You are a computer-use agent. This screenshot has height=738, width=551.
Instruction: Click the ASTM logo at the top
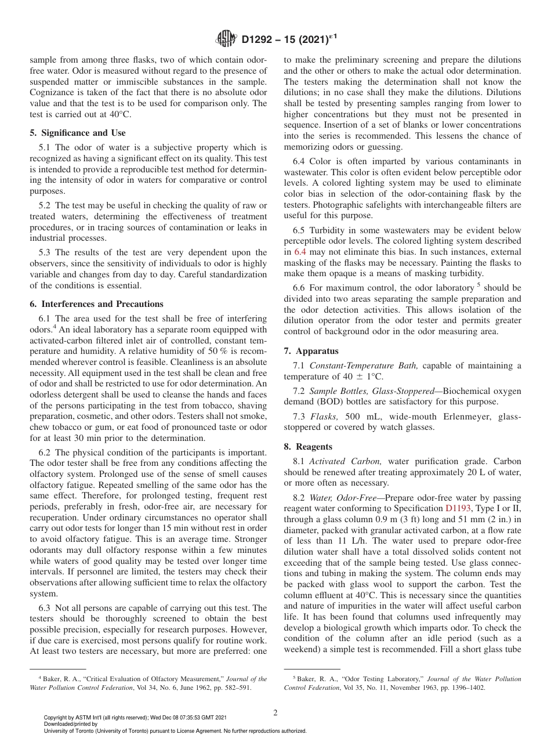[x=226, y=39]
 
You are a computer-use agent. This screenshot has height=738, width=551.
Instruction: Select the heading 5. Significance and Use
[x=78, y=133]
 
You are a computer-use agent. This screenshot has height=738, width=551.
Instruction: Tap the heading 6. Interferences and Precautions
[x=96, y=304]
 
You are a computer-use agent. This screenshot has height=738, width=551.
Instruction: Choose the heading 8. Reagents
[x=308, y=447]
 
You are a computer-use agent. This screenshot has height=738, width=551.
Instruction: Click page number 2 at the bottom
[x=275, y=713]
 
